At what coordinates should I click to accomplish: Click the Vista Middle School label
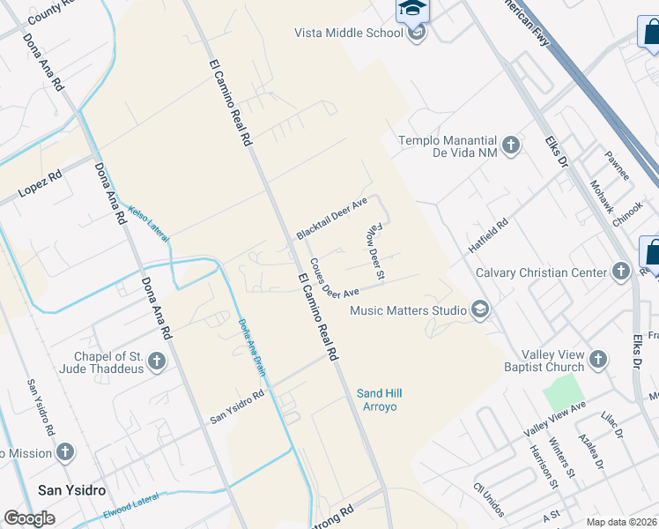tap(348, 34)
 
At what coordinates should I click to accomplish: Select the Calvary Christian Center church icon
tap(621, 272)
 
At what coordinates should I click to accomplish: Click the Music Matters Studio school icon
tap(480, 309)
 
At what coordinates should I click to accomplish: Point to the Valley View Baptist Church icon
tap(598, 359)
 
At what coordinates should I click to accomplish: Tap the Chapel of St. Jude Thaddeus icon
tap(157, 361)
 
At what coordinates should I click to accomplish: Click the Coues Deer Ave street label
tap(334, 279)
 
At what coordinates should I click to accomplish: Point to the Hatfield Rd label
tap(488, 236)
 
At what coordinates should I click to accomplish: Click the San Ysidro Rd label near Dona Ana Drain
tap(236, 406)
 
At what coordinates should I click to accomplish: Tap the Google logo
tap(29, 518)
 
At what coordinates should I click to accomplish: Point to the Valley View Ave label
tap(554, 419)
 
